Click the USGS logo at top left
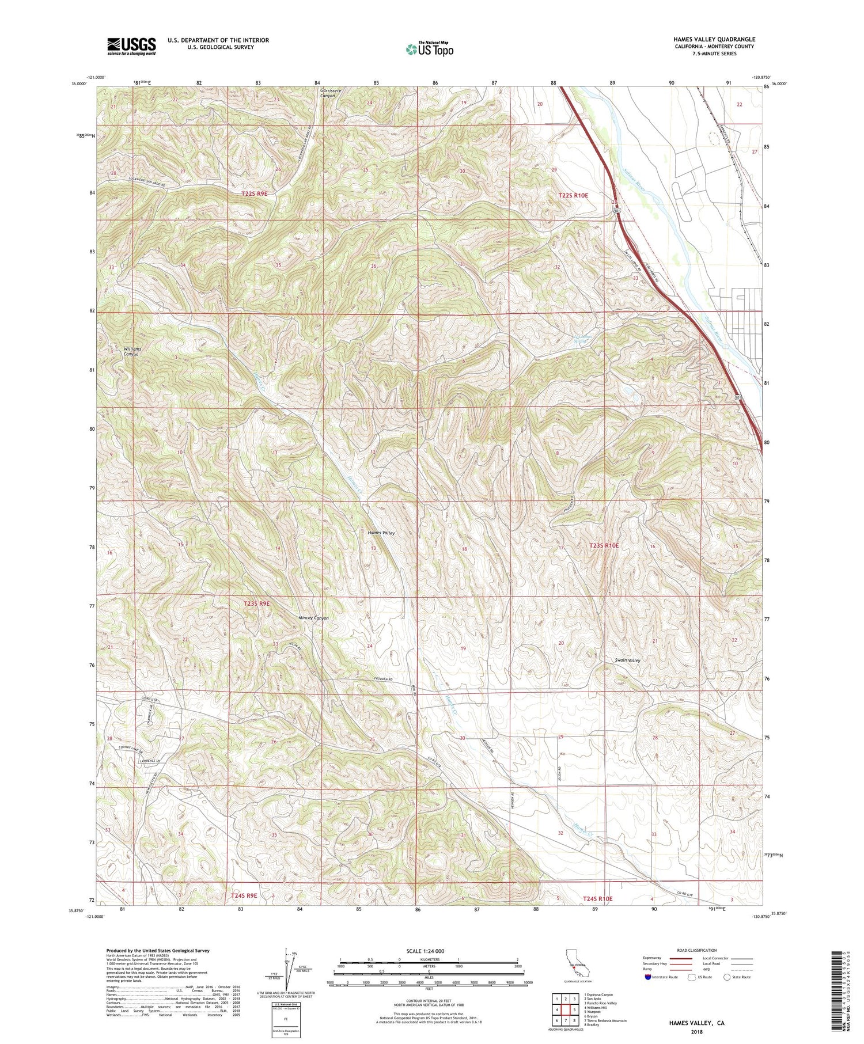click(x=131, y=46)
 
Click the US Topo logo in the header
click(x=429, y=50)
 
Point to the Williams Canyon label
click(x=131, y=351)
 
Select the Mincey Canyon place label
click(x=314, y=618)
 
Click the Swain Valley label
click(x=627, y=660)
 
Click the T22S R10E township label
click(x=573, y=196)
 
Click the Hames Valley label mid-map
click(x=381, y=533)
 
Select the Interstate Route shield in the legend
click(x=649, y=977)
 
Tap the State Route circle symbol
click(x=727, y=977)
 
